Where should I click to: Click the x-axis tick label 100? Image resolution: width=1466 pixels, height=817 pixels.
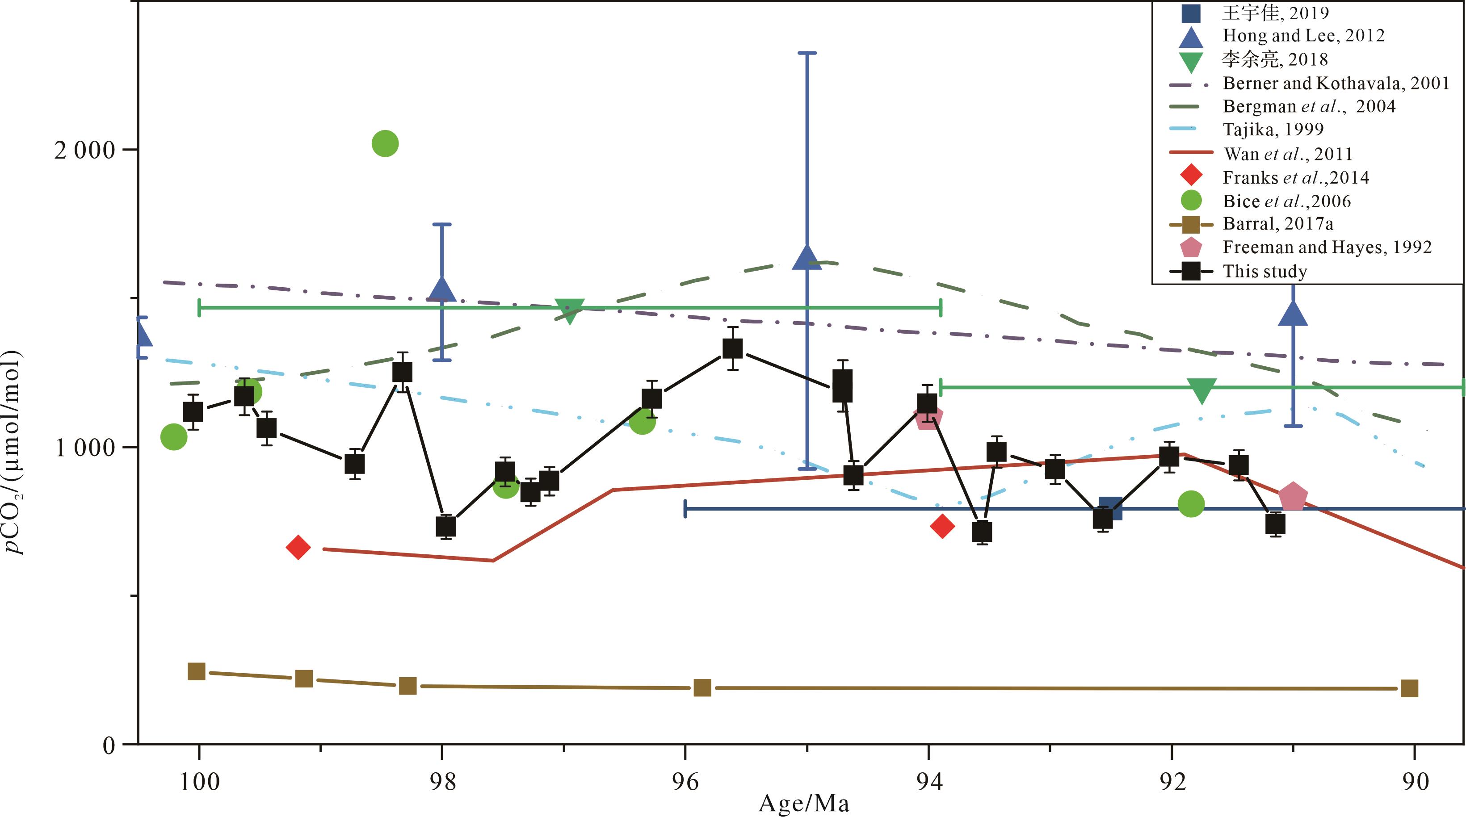(x=199, y=782)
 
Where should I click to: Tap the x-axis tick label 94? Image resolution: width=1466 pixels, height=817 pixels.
(x=929, y=782)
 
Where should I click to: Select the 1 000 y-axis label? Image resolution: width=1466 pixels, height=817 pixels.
(x=85, y=448)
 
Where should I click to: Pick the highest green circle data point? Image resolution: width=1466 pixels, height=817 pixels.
(x=385, y=143)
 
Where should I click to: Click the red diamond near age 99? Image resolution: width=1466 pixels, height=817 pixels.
(x=298, y=547)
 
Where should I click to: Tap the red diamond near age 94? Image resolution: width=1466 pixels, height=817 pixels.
(x=942, y=526)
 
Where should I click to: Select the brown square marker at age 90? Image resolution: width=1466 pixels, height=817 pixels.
(x=1409, y=688)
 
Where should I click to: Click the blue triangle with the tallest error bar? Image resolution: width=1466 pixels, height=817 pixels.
(x=807, y=259)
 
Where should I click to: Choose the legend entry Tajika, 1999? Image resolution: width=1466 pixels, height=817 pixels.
(x=1273, y=130)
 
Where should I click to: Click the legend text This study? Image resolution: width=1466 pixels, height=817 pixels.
(x=1264, y=272)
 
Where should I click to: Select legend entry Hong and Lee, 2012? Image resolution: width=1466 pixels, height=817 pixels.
(x=1303, y=36)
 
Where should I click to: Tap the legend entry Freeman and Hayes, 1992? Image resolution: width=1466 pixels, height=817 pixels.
(x=1327, y=247)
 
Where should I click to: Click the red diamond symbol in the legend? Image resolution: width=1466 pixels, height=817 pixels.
(x=1191, y=176)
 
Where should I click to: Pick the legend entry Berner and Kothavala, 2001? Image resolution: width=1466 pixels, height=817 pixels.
(x=1336, y=84)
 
